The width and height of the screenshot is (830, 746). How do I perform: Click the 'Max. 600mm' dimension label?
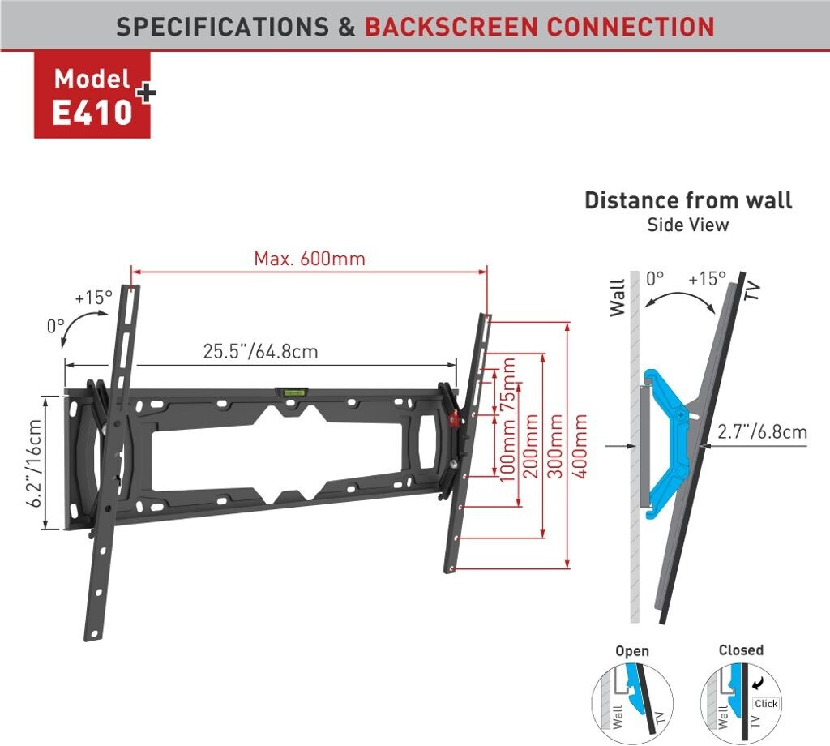click(310, 259)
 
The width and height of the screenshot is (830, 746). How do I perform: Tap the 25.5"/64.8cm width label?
click(260, 351)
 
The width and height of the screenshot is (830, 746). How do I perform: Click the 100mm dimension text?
click(508, 450)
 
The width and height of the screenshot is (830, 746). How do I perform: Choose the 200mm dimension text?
click(532, 449)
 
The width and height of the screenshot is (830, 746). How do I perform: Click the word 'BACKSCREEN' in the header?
click(450, 26)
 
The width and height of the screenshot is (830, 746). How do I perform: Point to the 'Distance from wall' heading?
click(688, 200)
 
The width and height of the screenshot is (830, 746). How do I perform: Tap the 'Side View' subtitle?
click(688, 225)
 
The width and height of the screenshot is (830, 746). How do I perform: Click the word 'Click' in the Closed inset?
click(766, 704)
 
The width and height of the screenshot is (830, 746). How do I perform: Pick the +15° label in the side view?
click(707, 278)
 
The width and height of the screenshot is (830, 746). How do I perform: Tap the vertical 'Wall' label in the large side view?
click(618, 298)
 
